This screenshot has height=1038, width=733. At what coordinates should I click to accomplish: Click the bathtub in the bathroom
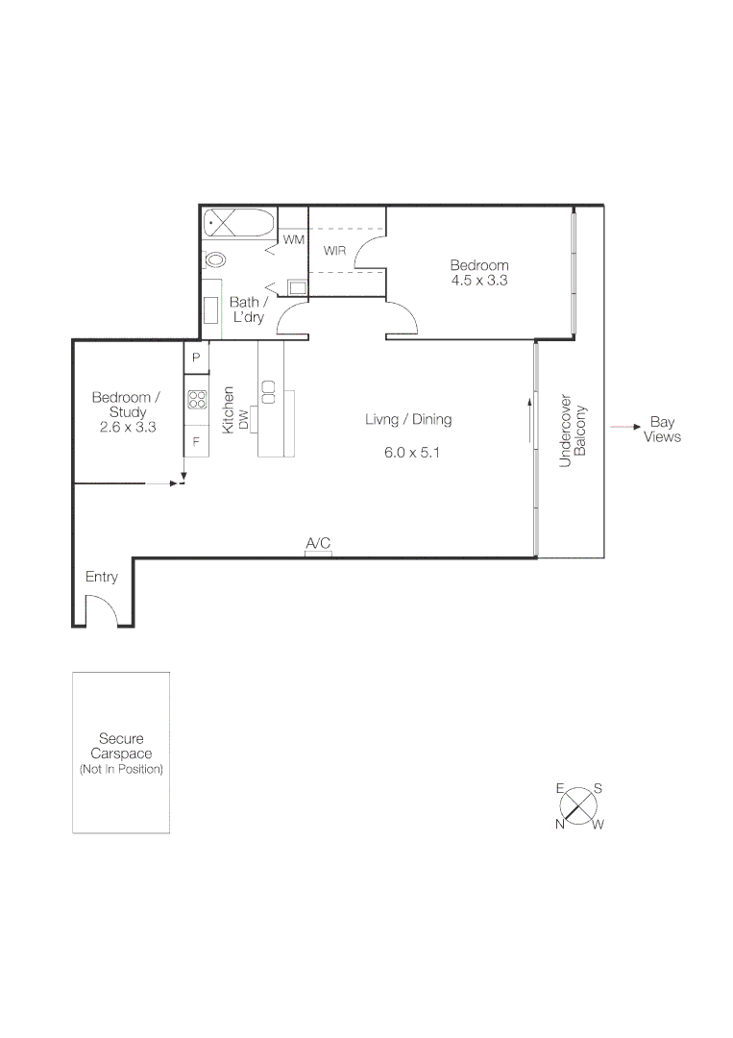238,224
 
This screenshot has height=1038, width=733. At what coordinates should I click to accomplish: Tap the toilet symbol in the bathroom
215,259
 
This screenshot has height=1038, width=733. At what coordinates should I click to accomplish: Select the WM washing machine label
293,238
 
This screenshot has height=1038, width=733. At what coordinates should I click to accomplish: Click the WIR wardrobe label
334,252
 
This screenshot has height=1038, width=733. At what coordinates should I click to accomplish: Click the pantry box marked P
196,358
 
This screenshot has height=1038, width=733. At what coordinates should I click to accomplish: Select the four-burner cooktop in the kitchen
197,399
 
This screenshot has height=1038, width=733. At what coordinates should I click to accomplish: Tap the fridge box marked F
196,442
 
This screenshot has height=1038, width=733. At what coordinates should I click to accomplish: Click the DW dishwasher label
244,419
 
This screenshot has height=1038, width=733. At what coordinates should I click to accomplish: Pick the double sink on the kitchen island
269,392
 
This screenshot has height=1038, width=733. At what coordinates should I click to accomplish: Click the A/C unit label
318,544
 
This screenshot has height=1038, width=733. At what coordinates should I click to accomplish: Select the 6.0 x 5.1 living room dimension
408,453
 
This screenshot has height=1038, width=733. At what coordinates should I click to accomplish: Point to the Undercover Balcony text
572,430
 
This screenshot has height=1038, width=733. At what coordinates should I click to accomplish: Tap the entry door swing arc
100,609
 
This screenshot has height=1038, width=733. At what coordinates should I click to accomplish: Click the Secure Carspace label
121,746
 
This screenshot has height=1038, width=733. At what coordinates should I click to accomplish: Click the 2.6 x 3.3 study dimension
128,427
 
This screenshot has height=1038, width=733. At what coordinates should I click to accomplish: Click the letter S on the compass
598,788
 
